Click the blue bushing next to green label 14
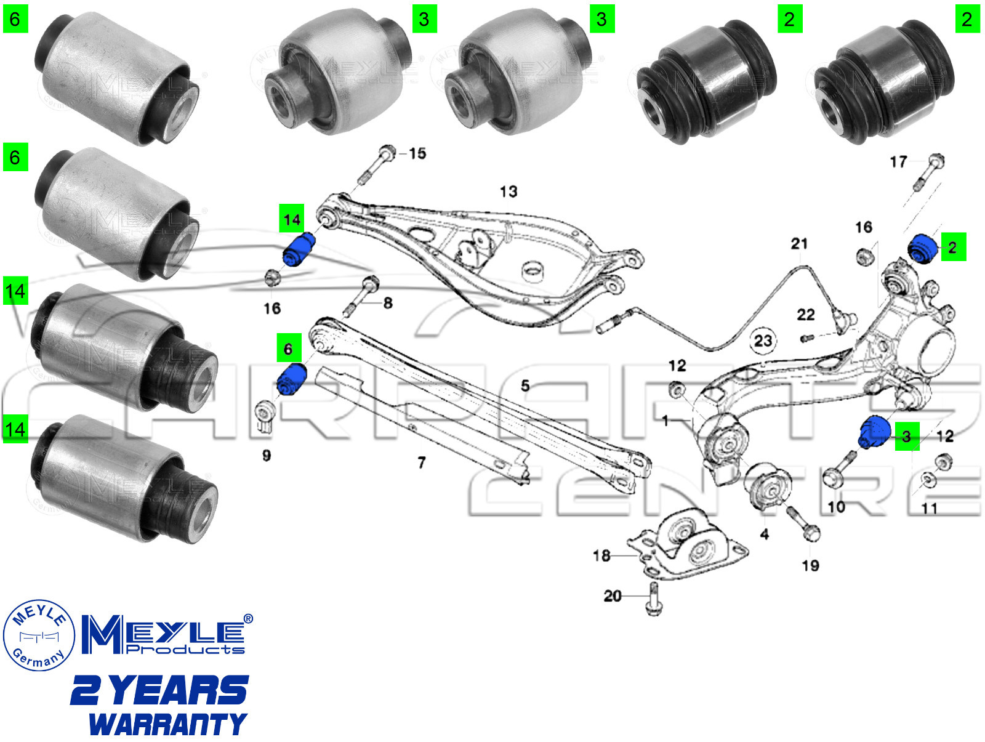(299, 249)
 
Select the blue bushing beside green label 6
(292, 379)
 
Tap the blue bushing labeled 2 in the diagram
(923, 248)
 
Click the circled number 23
(763, 341)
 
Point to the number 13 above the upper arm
(509, 192)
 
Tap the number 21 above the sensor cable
(799, 244)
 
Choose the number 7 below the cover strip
(422, 462)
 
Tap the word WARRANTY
(167, 724)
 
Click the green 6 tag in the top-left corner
(15, 19)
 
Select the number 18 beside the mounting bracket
(601, 555)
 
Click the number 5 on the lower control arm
(525, 385)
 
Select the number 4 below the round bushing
(764, 534)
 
